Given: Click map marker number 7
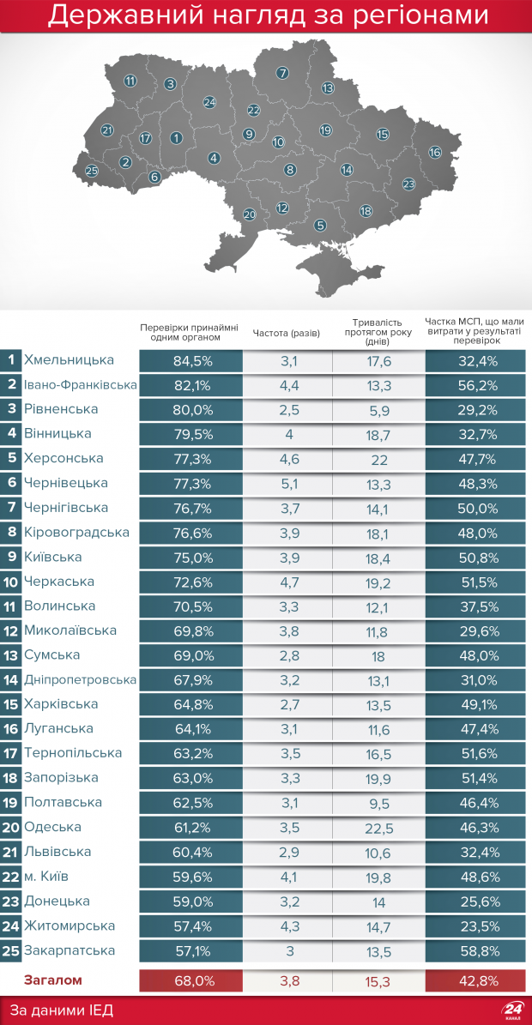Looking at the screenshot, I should pyautogui.click(x=282, y=73).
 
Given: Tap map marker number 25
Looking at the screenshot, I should pyautogui.click(x=92, y=171).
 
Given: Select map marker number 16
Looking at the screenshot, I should pyautogui.click(x=435, y=152).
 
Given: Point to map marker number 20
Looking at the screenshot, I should pyautogui.click(x=250, y=214).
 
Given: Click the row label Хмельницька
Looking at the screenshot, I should pyautogui.click(x=69, y=360).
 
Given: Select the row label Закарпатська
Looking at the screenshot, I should pyautogui.click(x=70, y=950).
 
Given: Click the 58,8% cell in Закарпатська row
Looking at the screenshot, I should pyautogui.click(x=475, y=951).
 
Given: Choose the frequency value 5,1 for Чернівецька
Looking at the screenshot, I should pyautogui.click(x=289, y=484).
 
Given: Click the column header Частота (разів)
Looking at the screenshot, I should pyautogui.click(x=287, y=333).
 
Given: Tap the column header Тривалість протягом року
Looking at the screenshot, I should pyautogui.click(x=378, y=332).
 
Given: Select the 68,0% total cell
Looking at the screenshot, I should pyautogui.click(x=192, y=980).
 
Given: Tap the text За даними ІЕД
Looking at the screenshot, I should pyautogui.click(x=62, y=1010).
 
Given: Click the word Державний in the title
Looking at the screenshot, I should pyautogui.click(x=119, y=15).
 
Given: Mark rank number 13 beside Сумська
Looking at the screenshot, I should pyautogui.click(x=11, y=655).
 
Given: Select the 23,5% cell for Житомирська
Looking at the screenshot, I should pyautogui.click(x=475, y=926).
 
